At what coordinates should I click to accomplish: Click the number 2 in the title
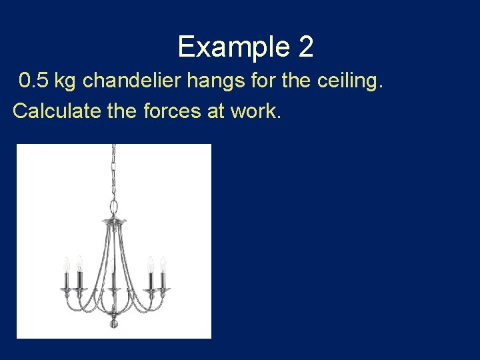(x=305, y=47)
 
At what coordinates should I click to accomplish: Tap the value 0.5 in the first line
(x=33, y=81)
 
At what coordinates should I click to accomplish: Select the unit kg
(x=65, y=82)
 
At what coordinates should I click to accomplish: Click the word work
(x=256, y=111)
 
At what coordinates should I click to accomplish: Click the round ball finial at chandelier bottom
(x=113, y=324)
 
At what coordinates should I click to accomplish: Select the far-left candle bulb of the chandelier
(x=66, y=264)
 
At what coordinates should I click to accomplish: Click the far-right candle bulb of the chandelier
(x=163, y=264)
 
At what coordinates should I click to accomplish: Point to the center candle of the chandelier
(x=114, y=280)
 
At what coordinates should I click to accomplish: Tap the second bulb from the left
(x=79, y=262)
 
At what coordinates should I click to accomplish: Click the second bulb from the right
(x=150, y=263)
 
